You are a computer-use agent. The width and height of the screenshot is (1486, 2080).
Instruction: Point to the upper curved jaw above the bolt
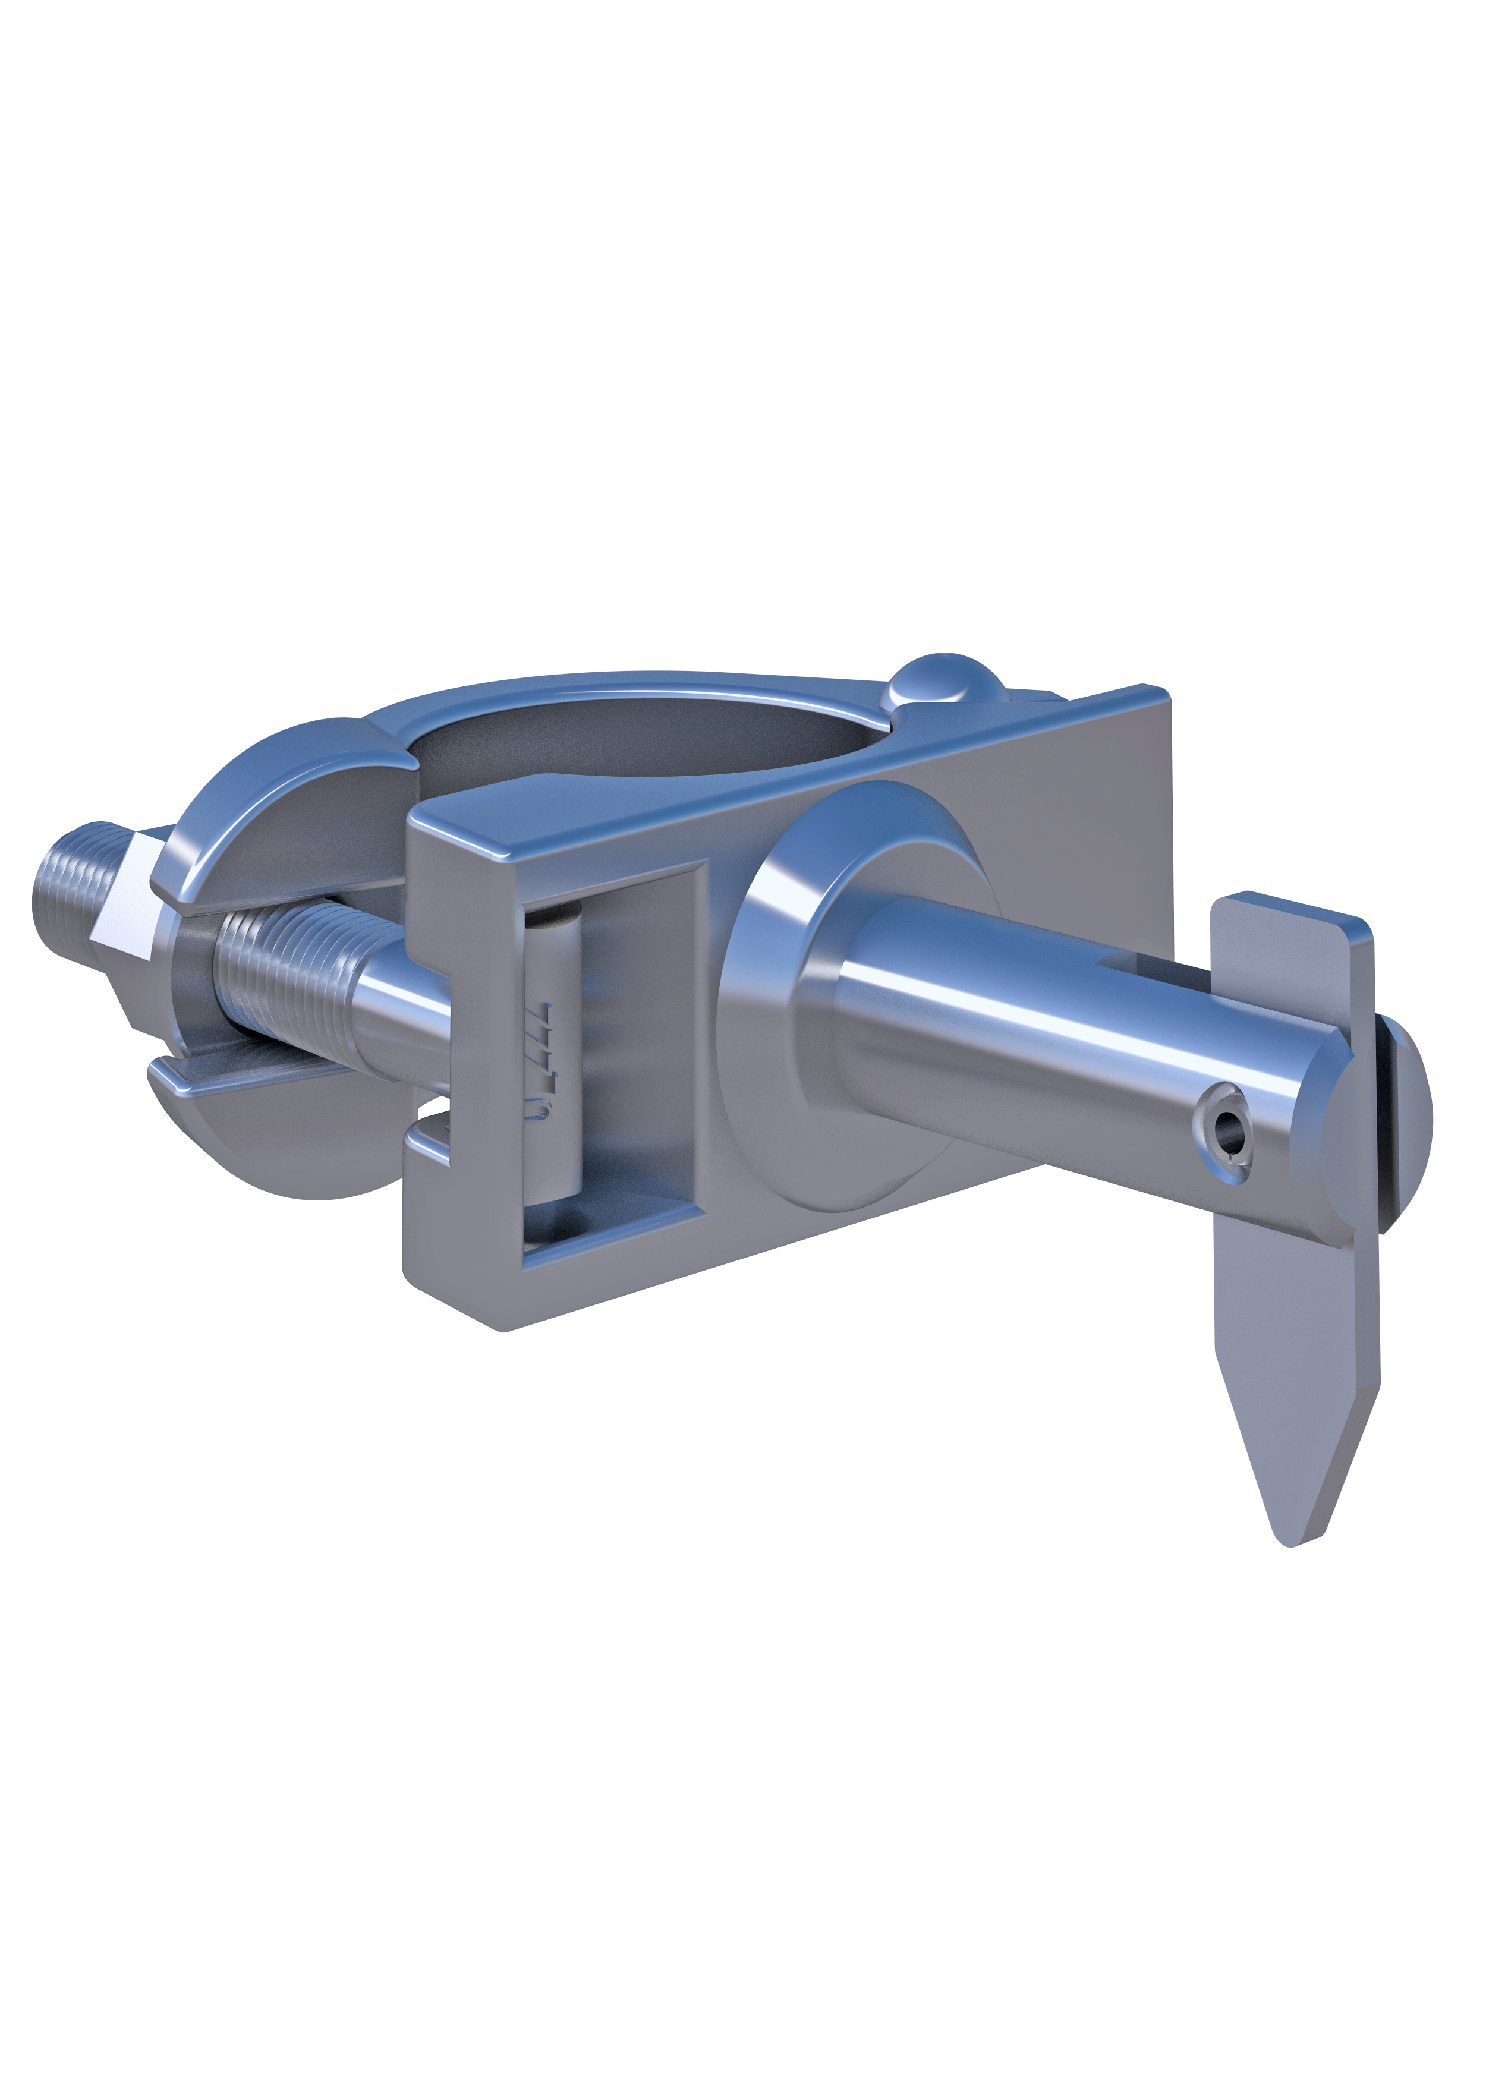tap(275, 814)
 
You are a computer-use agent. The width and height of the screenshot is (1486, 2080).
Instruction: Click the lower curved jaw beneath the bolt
tap(275, 1134)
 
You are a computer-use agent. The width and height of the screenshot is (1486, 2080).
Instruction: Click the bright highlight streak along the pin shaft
tap(1052, 1015)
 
